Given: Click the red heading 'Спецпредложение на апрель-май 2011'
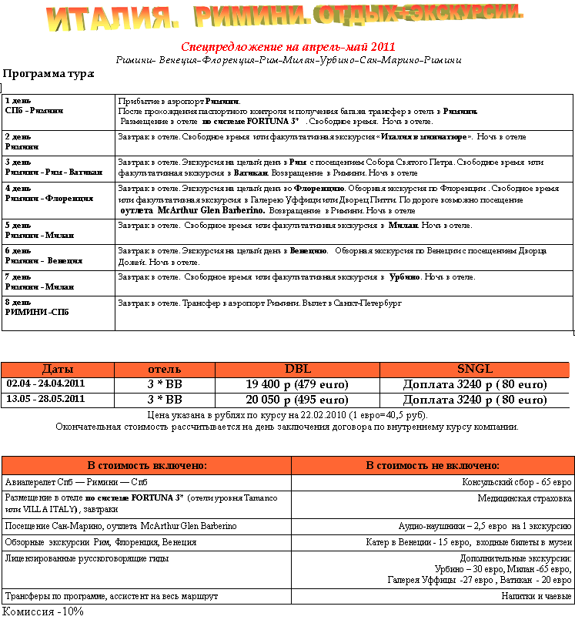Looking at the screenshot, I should [288, 47].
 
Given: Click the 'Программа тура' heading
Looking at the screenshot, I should [48, 74].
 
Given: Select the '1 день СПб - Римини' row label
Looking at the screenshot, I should [35, 106].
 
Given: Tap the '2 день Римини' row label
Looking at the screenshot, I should [22, 141].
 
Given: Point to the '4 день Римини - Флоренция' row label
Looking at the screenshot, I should [48, 193].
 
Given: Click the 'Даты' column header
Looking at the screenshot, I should [58, 369].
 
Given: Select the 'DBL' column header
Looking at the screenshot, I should [297, 369].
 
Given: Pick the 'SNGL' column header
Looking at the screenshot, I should [474, 369].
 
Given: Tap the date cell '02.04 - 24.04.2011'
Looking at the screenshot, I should [45, 384].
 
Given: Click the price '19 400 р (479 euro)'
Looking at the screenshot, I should [297, 384].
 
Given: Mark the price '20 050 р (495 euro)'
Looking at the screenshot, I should [297, 400].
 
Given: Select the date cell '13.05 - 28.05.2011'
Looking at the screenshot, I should [45, 399].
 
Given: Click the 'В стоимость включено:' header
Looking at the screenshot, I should [146, 465].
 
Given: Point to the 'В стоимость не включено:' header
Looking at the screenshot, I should [433, 465].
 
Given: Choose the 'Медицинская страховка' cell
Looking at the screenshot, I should [524, 498].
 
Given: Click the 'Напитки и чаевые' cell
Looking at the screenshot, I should [537, 596].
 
